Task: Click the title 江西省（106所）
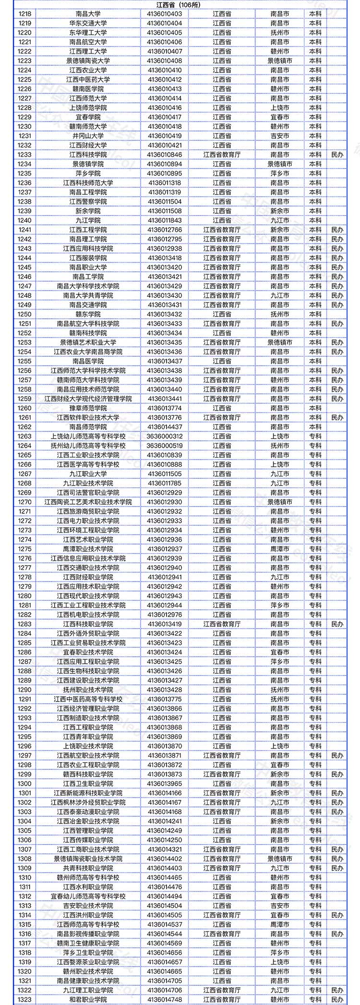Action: [x=180, y=4]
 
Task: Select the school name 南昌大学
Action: [x=88, y=14]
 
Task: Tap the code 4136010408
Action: [x=165, y=61]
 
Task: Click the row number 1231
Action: [x=25, y=136]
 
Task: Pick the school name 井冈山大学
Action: [x=88, y=136]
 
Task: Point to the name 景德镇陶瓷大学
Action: [x=88, y=61]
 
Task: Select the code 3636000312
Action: [x=165, y=436]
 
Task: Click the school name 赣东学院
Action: [x=88, y=315]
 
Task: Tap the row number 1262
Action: [x=25, y=427]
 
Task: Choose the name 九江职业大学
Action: [x=88, y=474]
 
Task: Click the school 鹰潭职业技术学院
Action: [x=88, y=549]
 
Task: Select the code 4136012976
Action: [x=165, y=615]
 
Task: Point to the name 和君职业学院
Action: [x=88, y=999]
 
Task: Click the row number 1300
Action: [x=25, y=784]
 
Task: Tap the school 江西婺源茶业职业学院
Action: [x=88, y=962]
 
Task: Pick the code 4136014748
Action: [x=165, y=999]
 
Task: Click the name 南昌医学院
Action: [x=88, y=361]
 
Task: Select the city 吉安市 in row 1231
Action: [x=280, y=136]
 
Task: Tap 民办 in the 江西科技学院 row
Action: [x=337, y=155]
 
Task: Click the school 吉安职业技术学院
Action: [x=88, y=906]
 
